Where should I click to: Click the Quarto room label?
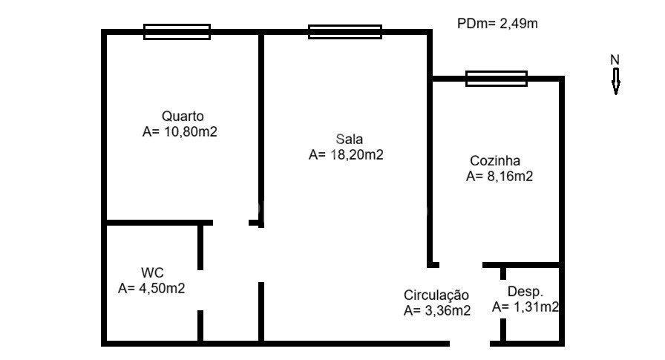coord(183,117)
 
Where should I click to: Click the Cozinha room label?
coord(495,160)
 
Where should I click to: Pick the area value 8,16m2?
coord(499,177)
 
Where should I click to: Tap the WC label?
coord(152,272)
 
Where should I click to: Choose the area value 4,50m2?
coord(151,289)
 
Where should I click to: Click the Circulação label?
coord(436,295)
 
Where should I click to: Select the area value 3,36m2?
coord(437,312)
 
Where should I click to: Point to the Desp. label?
coord(525,292)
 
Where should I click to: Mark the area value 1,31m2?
coord(525,307)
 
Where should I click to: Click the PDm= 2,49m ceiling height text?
coord(497,24)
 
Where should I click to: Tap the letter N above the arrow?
coord(615,59)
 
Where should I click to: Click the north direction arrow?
coord(615,81)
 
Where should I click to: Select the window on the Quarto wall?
coord(177,31)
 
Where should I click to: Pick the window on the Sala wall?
coord(345,31)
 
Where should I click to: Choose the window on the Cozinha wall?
coord(497,78)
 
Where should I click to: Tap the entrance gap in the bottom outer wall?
coord(469,343)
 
